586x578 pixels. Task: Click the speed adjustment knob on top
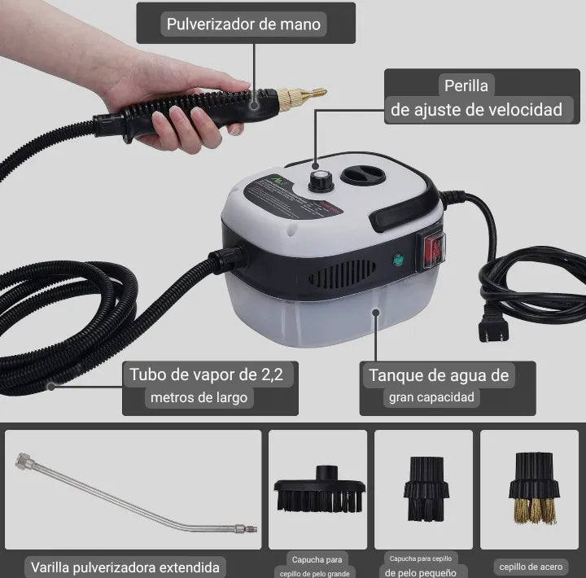click(x=317, y=178)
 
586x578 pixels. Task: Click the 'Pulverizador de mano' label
click(x=244, y=24)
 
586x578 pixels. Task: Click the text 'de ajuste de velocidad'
click(x=476, y=110)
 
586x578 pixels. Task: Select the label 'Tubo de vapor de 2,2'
click(x=210, y=374)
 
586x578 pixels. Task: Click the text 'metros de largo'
click(x=199, y=398)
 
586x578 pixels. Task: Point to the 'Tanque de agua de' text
click(x=439, y=374)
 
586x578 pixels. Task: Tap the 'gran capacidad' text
click(x=431, y=398)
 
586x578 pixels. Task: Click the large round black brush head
click(x=318, y=491)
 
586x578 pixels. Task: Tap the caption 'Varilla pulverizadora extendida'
click(x=125, y=566)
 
